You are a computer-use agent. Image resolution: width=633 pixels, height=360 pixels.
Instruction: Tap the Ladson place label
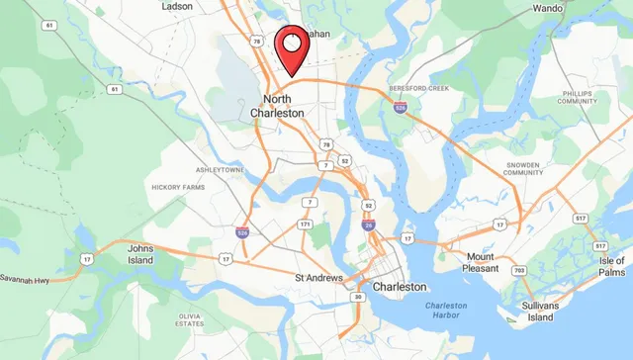pos(177,6)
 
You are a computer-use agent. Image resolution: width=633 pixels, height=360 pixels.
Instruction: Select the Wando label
pos(548,8)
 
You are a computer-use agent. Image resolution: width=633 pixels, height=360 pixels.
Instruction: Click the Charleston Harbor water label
pos(453,312)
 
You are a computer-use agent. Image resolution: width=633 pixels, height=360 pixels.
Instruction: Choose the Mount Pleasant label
pos(488,262)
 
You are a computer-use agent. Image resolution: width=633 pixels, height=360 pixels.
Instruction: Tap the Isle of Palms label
pos(611,266)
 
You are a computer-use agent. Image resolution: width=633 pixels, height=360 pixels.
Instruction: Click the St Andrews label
pos(318,277)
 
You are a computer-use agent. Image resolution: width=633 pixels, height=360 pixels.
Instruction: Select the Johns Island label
pos(141,254)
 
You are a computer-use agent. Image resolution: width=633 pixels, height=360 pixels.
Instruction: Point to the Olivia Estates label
pos(190,317)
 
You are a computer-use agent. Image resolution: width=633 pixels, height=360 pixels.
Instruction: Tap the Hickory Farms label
pos(178,186)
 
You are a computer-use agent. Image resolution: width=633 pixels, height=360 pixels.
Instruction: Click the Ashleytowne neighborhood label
pos(220,170)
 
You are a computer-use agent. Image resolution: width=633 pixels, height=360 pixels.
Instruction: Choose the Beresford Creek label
pos(419,89)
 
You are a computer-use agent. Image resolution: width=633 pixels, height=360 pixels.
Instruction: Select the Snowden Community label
pos(523,168)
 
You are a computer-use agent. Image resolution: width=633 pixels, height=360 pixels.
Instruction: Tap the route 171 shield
pos(305,225)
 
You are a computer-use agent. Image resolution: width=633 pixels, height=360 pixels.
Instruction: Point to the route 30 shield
pos(358,296)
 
